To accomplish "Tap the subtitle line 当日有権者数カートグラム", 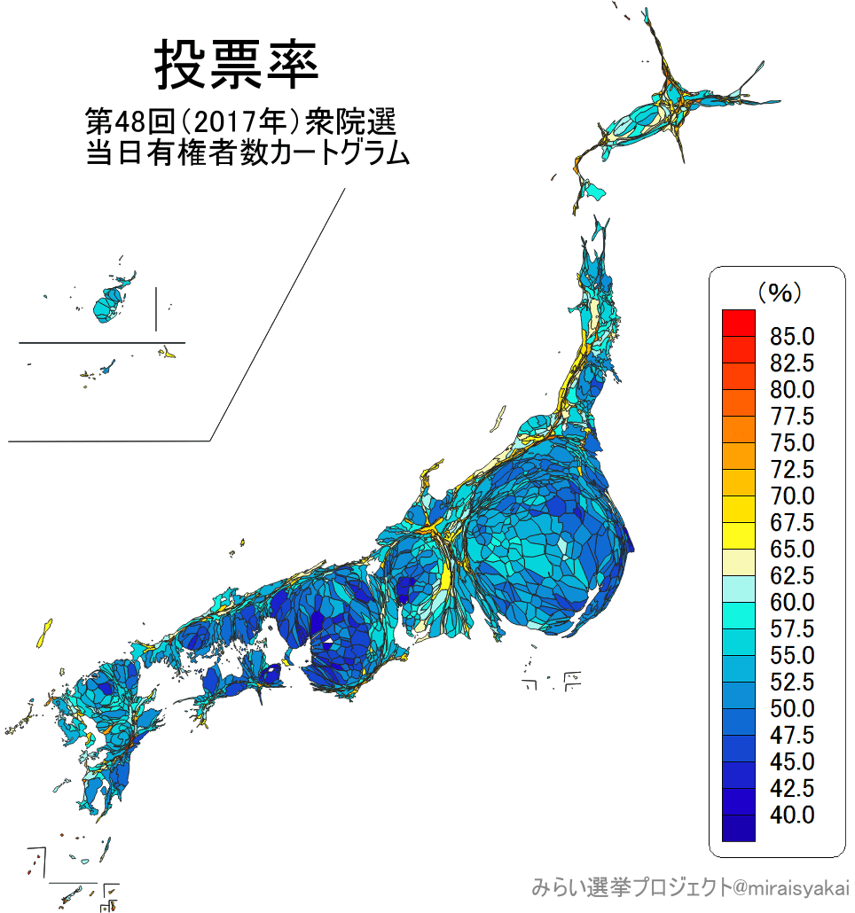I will (x=247, y=153).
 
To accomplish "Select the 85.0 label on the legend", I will (x=792, y=337).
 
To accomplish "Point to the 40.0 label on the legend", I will (x=792, y=815).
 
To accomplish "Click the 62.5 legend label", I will (x=792, y=576).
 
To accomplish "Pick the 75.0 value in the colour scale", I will (x=792, y=442).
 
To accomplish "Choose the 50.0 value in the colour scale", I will (x=792, y=709).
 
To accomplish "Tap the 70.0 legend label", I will (x=792, y=496).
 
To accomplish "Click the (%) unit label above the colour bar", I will (x=779, y=291).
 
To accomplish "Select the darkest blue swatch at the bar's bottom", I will (x=739, y=828).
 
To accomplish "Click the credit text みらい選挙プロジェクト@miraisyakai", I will (x=690, y=886).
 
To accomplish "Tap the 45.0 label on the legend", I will (x=792, y=761).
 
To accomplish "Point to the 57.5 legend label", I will (x=792, y=629).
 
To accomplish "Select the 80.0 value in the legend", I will (x=792, y=390).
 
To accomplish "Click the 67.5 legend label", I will (x=792, y=523).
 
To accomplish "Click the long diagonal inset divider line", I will (x=278, y=315).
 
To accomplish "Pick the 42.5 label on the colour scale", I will (x=792, y=788).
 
